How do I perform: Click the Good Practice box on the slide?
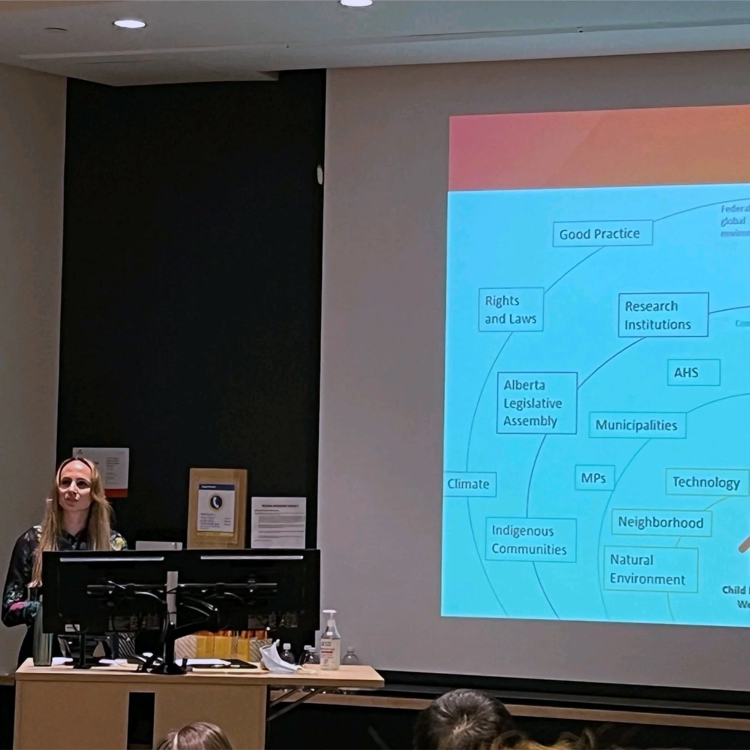603,234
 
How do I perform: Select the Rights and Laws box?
511,309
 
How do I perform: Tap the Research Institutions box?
663,315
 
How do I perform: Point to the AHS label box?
693,373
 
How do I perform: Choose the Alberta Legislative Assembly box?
536,403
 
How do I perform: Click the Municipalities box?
637,425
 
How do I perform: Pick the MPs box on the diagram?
594,478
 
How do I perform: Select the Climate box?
469,484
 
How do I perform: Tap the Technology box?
706,482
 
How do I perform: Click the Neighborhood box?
661,522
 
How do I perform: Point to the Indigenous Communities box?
530,540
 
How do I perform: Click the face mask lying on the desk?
276,656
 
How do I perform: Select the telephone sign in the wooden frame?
217,508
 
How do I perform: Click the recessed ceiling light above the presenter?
129,23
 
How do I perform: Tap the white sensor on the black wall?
320,175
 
